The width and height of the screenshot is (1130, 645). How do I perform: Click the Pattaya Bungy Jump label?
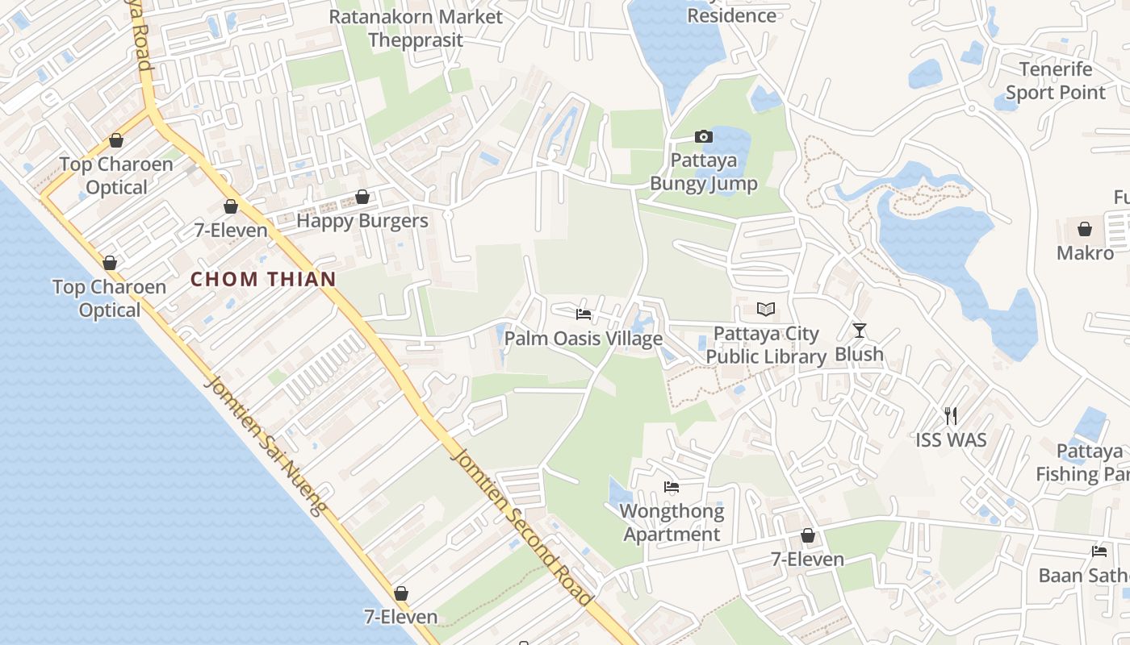tap(704, 172)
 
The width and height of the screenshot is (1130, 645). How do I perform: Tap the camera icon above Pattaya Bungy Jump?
tap(704, 137)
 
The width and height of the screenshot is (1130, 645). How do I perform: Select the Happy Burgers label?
tap(362, 220)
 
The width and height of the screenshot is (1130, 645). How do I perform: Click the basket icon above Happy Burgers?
tap(362, 198)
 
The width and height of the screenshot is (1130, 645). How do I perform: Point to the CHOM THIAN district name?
tap(263, 280)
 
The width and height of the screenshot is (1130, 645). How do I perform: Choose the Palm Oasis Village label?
tap(584, 339)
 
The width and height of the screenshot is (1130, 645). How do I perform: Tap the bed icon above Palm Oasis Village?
tap(584, 314)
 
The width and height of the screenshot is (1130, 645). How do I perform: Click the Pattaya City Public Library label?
tap(766, 345)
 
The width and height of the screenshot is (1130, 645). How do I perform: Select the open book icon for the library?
tap(766, 309)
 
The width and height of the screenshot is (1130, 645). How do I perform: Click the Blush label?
tap(859, 354)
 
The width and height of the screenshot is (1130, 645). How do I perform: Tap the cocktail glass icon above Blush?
tap(859, 331)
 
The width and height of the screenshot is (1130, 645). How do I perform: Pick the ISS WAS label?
tap(951, 439)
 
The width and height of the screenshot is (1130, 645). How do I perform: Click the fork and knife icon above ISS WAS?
tap(951, 416)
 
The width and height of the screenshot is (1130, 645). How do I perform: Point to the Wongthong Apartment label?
tap(672, 522)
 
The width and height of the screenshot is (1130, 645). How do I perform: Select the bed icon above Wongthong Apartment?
tap(672, 487)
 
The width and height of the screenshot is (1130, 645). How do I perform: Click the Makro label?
tap(1085, 252)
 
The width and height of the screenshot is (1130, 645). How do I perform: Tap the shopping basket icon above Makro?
tap(1085, 229)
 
